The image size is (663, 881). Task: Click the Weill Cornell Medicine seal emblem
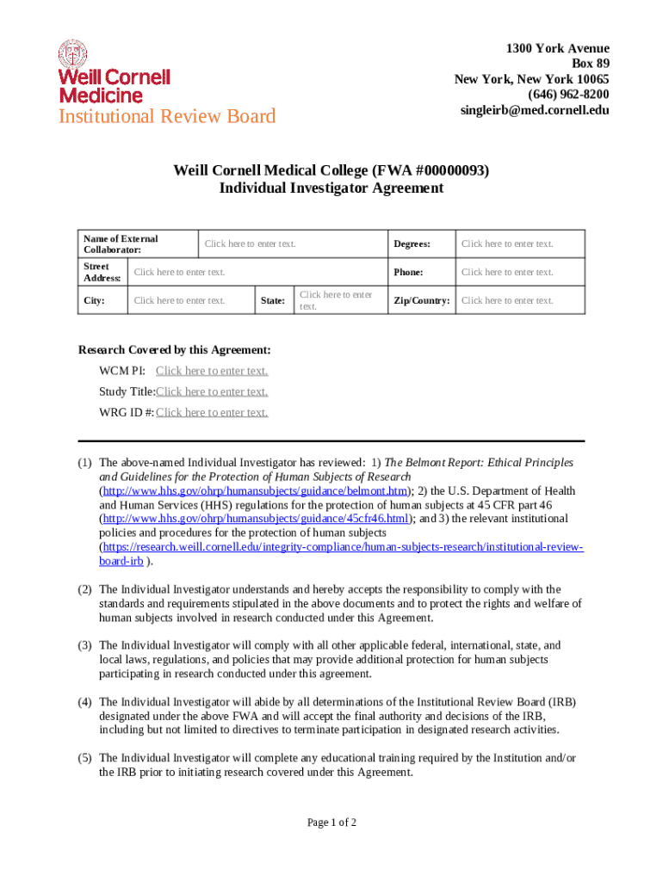[x=72, y=54]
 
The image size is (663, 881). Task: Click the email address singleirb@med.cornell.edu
[x=535, y=110]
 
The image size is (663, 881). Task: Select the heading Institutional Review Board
[x=167, y=116]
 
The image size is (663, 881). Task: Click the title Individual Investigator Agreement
[x=331, y=188]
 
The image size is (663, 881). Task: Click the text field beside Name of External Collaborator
[x=251, y=244]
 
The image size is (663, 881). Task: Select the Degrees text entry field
[x=507, y=244]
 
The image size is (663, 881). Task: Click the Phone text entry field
[x=507, y=273]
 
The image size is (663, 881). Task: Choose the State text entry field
[x=336, y=300]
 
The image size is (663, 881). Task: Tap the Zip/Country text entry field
[x=507, y=301]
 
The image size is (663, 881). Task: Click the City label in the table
[x=93, y=301]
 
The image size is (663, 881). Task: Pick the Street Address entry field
[x=179, y=273]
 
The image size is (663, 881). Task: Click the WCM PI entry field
[x=212, y=371]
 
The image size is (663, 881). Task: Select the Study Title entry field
[x=212, y=391]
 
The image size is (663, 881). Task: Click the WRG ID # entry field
[x=212, y=412]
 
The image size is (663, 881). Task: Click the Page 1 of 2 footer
[x=331, y=823]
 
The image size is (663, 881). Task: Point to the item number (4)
[x=85, y=701]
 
